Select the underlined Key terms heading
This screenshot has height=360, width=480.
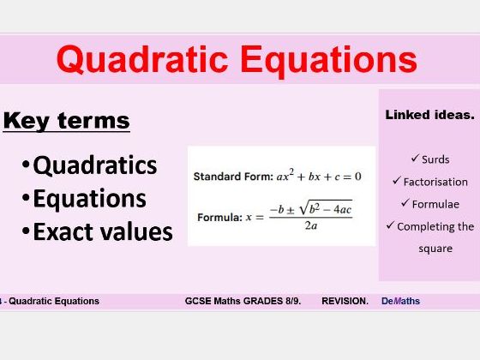coord(66,120)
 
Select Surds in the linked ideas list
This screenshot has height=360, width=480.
coord(435,159)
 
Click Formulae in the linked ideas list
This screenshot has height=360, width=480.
coord(435,204)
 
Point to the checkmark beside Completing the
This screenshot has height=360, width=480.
coord(390,226)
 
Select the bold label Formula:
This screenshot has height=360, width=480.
coord(219,218)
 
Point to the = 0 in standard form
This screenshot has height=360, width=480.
coord(351,177)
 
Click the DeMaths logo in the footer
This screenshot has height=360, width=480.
coord(400,301)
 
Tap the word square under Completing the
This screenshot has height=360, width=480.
coord(435,249)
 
